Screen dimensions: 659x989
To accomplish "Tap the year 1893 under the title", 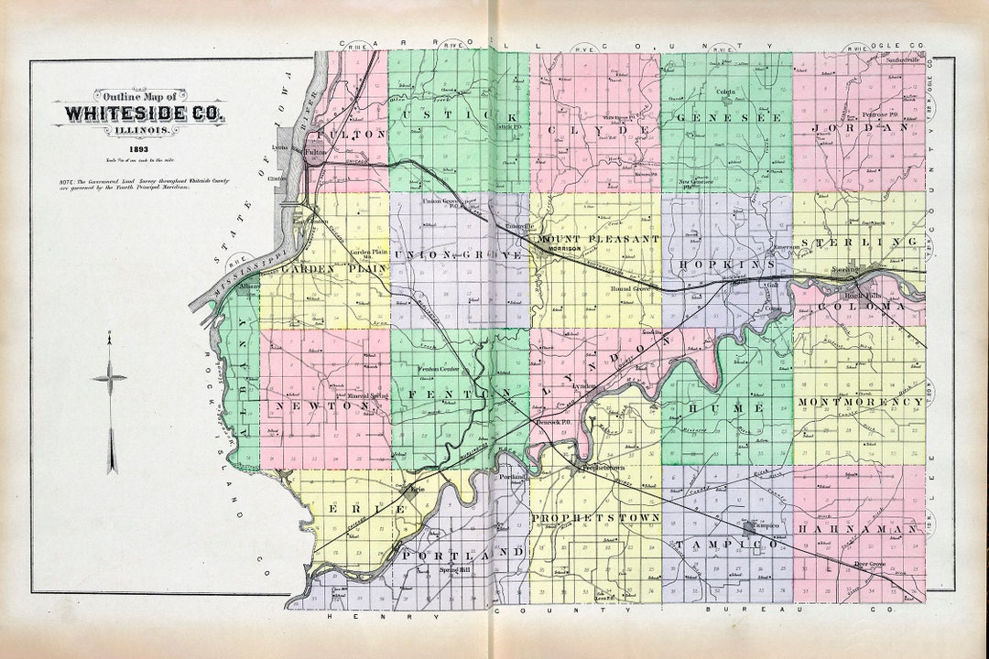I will coord(139,148).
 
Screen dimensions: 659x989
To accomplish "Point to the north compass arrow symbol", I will coord(111,403).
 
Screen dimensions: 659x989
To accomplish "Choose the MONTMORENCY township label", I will coord(860,402).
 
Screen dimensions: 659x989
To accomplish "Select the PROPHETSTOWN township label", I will coord(595,518).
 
